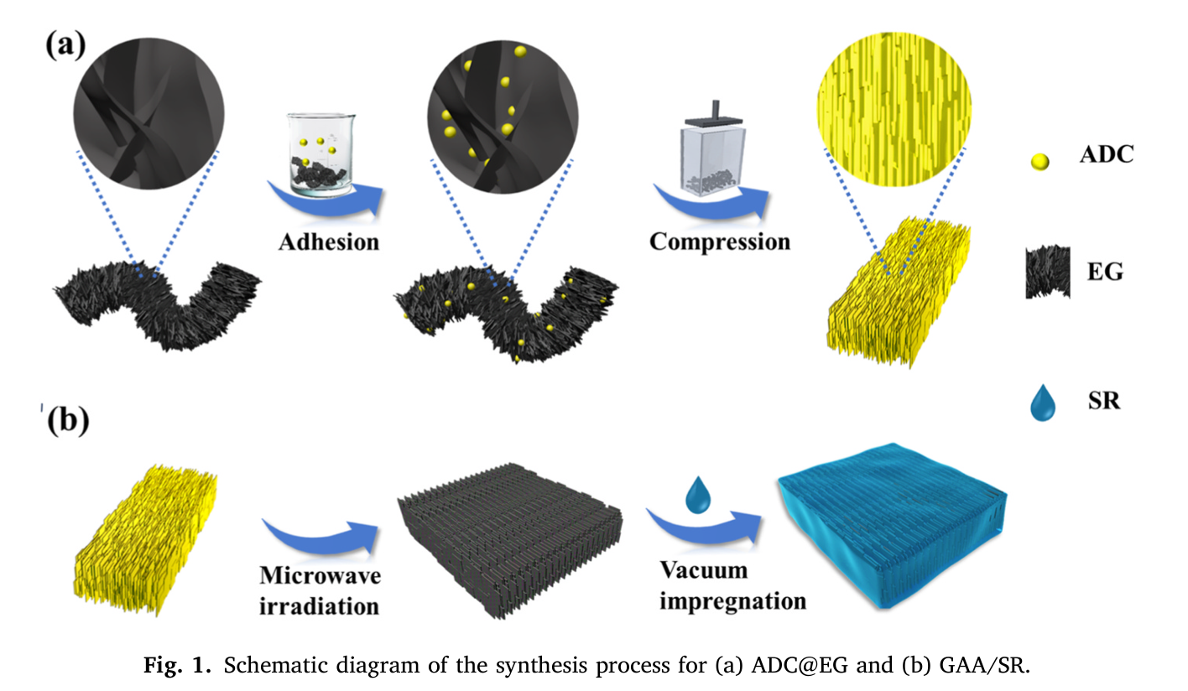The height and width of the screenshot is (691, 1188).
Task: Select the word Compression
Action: (720, 242)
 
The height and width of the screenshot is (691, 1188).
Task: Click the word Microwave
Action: (320, 576)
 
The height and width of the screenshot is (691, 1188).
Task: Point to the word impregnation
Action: (732, 601)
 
